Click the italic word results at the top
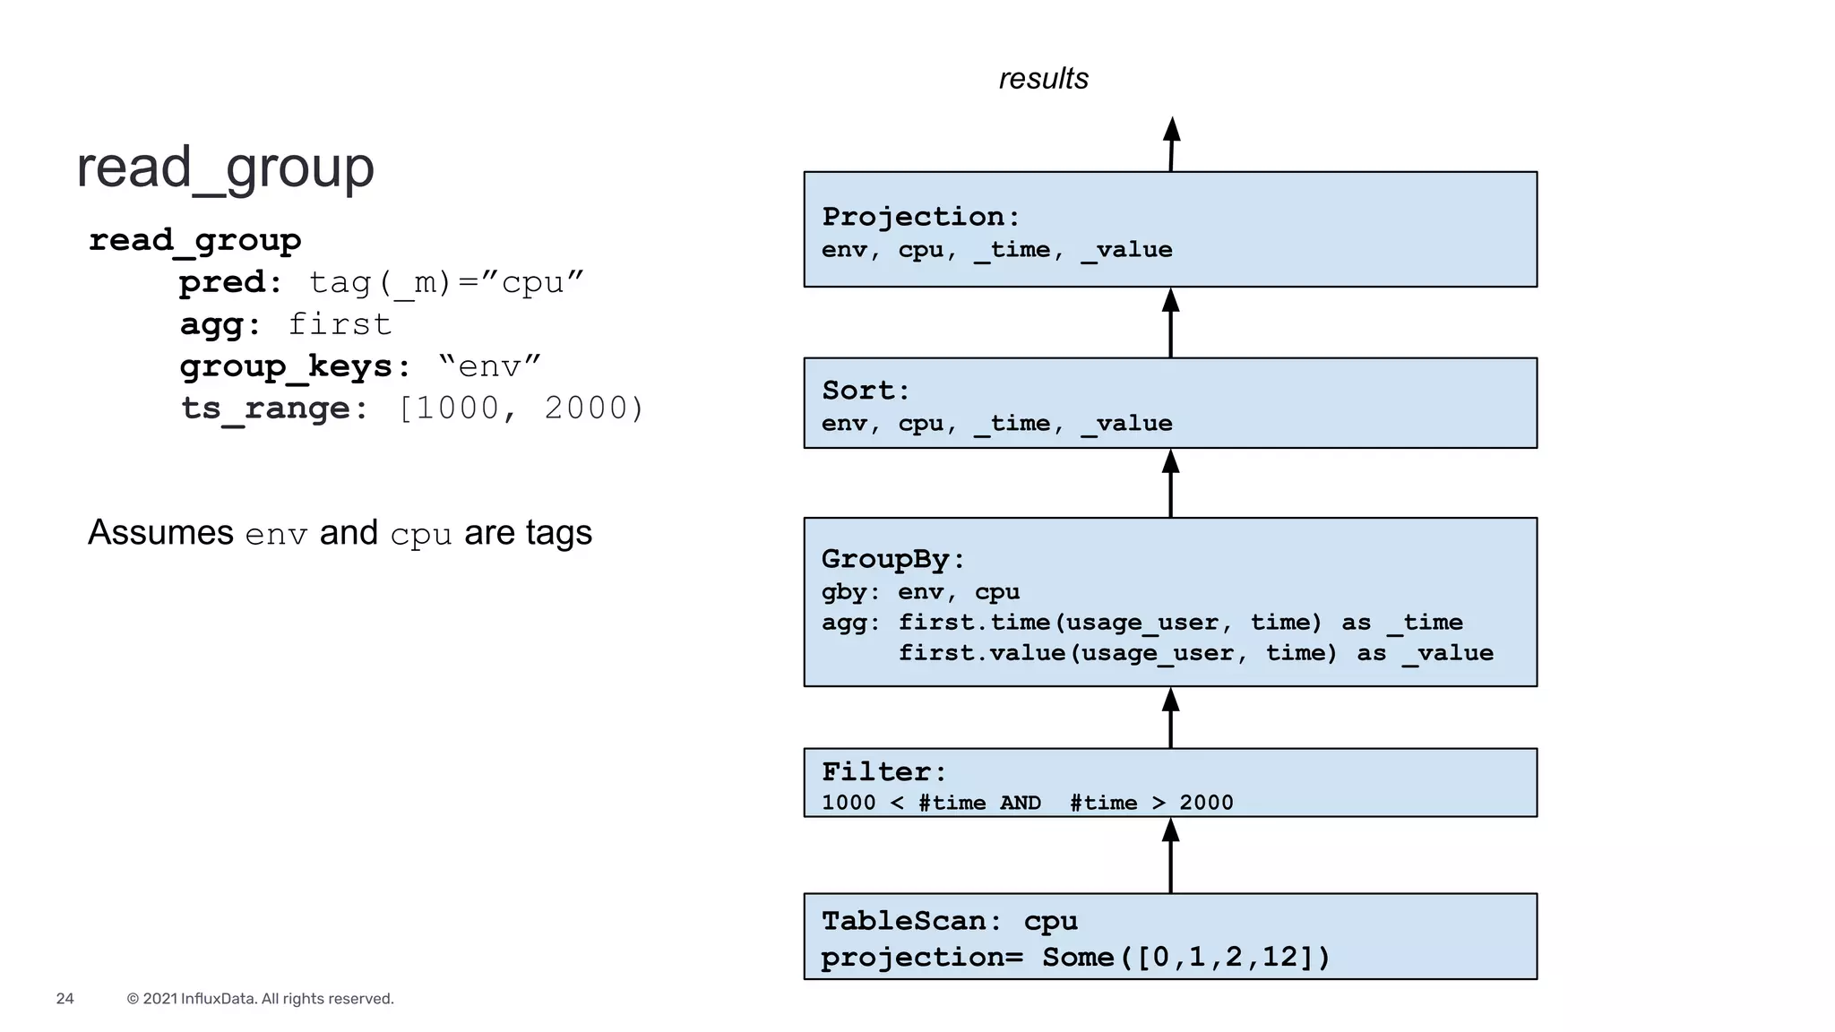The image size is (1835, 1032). (1043, 79)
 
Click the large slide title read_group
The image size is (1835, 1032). (225, 168)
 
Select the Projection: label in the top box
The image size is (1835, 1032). (920, 217)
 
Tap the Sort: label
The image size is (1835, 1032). (866, 391)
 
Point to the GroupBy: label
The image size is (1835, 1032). (893, 559)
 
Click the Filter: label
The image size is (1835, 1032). (883, 771)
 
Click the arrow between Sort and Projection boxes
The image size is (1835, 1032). (1170, 322)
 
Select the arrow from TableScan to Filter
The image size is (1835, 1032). (1170, 856)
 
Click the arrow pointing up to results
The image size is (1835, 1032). (1171, 144)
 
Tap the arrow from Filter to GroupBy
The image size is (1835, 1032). (1170, 718)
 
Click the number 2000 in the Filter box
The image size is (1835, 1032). (1206, 803)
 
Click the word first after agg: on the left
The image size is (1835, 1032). (340, 324)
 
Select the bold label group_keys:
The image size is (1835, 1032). (295, 366)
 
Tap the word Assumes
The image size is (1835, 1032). (160, 533)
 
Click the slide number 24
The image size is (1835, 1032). (65, 999)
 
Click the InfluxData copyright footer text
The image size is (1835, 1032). (260, 999)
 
